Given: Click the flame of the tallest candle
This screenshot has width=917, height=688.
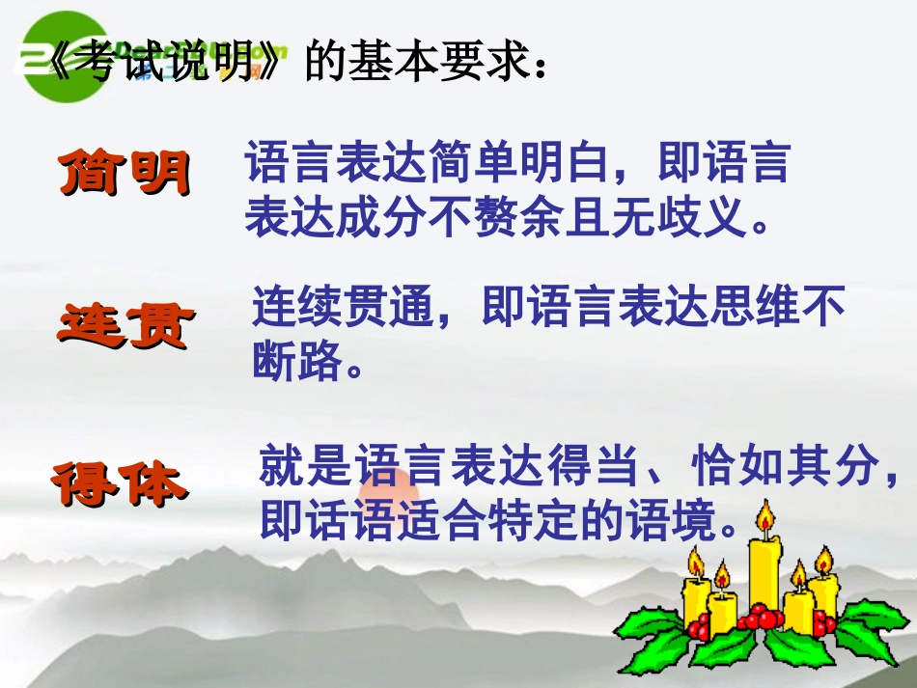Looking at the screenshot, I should (x=765, y=519).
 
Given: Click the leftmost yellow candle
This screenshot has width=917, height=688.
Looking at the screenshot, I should (x=696, y=593).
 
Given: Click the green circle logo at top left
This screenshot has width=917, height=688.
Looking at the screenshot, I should (x=66, y=64).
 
